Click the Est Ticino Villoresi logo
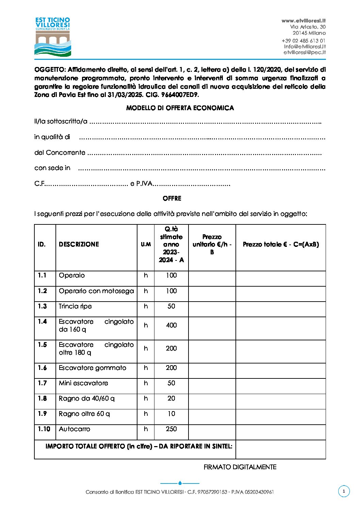[x=53, y=37]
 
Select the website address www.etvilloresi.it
[x=304, y=21]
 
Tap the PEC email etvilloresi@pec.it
[x=305, y=52]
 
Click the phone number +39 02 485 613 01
[x=304, y=41]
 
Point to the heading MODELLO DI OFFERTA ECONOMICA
[x=180, y=108]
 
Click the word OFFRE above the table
[x=172, y=198]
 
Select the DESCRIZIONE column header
[x=79, y=244]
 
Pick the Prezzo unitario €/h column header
[x=212, y=244]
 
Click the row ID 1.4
[x=42, y=322]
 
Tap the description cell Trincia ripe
[x=75, y=306]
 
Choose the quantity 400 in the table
[x=171, y=325]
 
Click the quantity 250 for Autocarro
[x=171, y=429]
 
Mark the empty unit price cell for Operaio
[x=212, y=278]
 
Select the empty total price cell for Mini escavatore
[x=280, y=386]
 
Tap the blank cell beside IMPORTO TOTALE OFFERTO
[x=280, y=449]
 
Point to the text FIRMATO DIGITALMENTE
[x=240, y=467]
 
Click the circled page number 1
[x=344, y=491]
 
